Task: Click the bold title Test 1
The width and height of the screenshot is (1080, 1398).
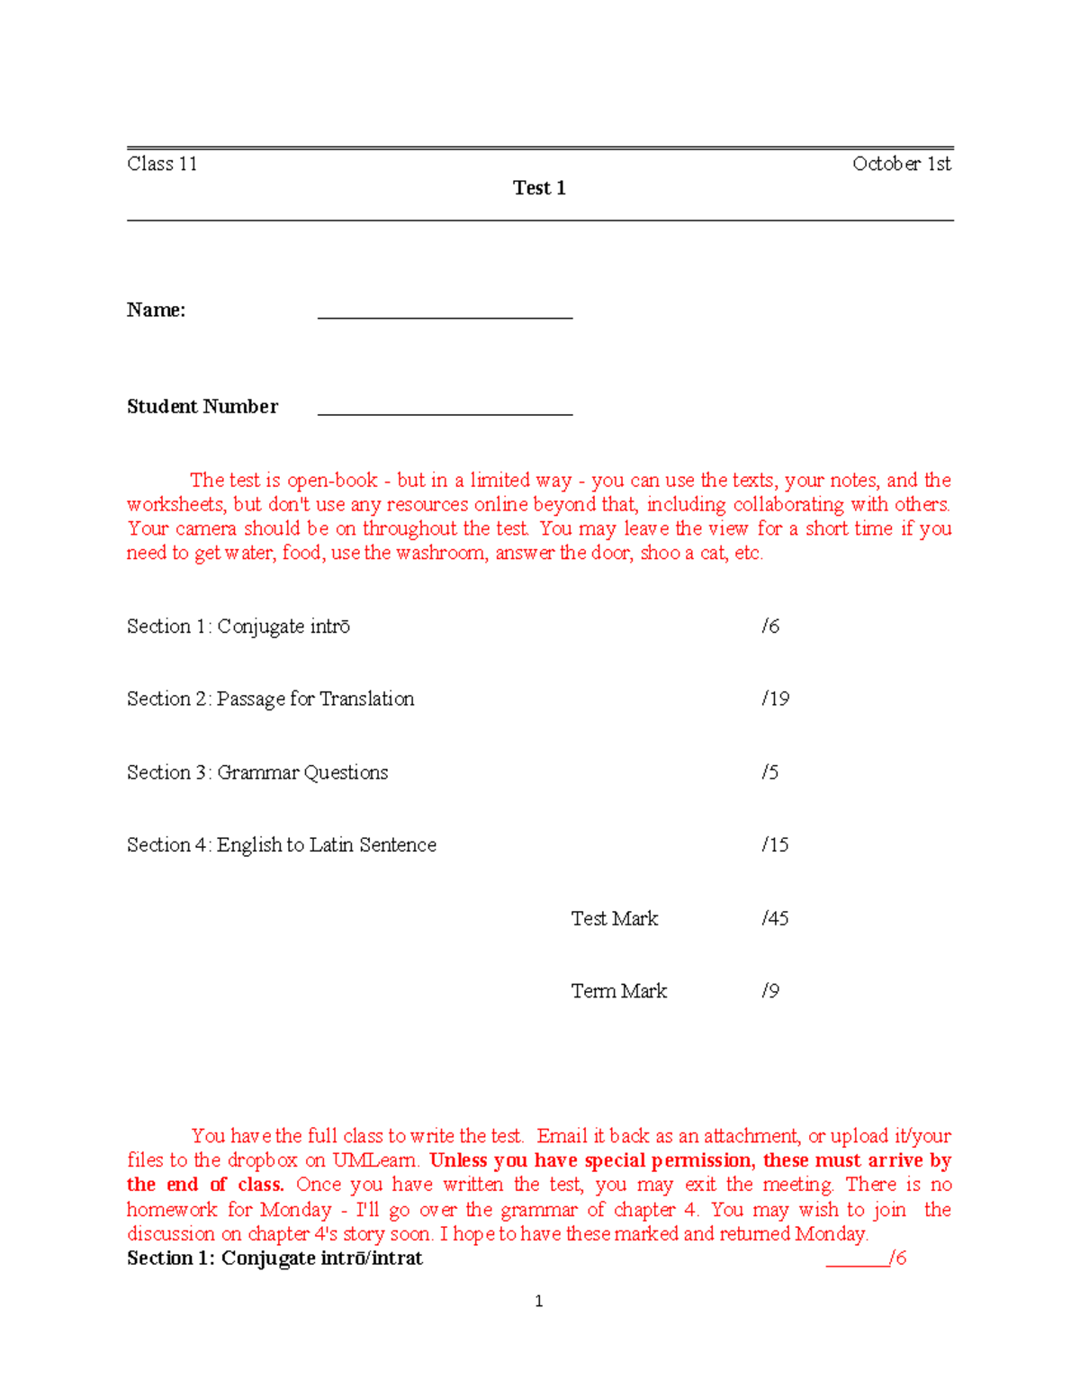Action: tap(539, 188)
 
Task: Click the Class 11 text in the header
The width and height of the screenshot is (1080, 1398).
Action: tap(162, 164)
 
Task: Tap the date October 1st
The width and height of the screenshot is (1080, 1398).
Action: tap(901, 164)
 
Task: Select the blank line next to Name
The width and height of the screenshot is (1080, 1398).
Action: tap(445, 313)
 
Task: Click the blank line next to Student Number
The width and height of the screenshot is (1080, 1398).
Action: tap(445, 410)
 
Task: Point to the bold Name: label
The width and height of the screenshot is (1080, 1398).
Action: tap(156, 311)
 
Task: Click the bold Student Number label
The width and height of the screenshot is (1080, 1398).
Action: tap(202, 407)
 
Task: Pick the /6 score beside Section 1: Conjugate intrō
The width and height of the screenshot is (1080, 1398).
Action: tap(770, 627)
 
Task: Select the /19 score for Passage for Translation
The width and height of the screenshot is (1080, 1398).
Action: tap(775, 699)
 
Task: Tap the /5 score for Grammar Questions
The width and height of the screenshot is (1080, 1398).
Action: tap(769, 772)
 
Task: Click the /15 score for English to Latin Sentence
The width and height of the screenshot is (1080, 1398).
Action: tap(775, 845)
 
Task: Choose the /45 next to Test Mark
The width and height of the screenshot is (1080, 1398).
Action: tap(775, 918)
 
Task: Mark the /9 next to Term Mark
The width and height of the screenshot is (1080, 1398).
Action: tap(770, 991)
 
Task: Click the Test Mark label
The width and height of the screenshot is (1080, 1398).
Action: tap(614, 918)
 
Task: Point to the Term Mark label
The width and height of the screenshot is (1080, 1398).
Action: tap(618, 991)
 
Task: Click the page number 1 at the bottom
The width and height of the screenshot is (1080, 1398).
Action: tap(538, 1302)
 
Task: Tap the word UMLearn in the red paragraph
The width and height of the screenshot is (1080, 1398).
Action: tap(375, 1160)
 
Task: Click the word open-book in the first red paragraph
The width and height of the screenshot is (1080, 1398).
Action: tap(332, 481)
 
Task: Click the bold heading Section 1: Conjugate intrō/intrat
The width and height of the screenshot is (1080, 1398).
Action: tap(274, 1258)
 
